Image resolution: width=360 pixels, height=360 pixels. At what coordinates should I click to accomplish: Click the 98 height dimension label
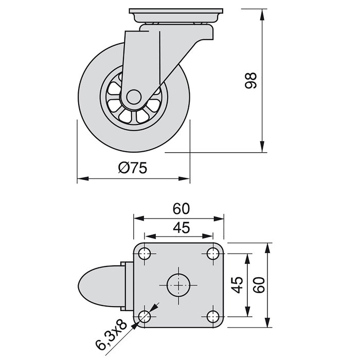tap(251, 81)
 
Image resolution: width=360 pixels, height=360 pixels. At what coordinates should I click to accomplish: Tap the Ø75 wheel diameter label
tap(133, 168)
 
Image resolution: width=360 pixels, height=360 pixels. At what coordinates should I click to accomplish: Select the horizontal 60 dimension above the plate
tap(181, 208)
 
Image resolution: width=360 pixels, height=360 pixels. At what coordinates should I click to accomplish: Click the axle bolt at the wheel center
tap(133, 97)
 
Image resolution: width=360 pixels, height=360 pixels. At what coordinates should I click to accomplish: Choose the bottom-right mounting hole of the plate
tap(212, 316)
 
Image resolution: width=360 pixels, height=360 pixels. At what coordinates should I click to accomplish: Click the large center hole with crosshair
tap(178, 284)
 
